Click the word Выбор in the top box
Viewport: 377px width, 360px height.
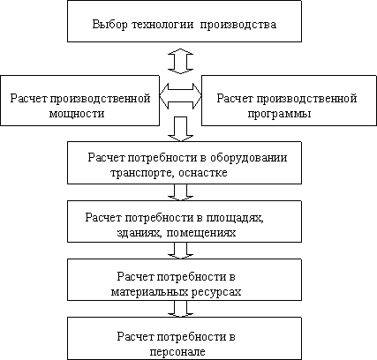point(110,24)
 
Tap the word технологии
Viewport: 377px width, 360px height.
point(162,25)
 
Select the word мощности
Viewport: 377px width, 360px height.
point(77,114)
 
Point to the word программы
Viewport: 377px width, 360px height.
point(279,114)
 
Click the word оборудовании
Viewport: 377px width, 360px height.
point(249,158)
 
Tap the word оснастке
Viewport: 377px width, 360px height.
point(203,173)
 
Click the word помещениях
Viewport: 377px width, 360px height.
point(201,233)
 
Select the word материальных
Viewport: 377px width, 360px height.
point(150,292)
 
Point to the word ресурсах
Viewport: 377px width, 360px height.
point(216,292)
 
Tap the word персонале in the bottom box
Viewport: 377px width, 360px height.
point(177,352)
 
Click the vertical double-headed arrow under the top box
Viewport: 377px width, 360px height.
point(180,61)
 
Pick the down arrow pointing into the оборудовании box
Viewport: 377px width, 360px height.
point(180,129)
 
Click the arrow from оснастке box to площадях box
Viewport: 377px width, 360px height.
point(180,192)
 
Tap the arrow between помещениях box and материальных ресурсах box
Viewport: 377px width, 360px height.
point(180,251)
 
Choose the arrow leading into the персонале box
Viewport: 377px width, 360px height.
point(180,309)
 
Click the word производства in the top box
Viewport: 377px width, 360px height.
point(238,25)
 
